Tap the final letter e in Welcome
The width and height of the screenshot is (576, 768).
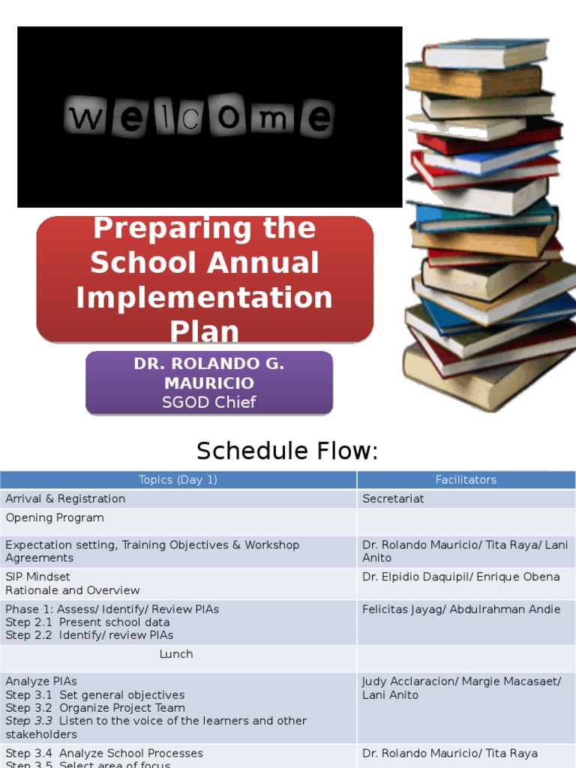(x=318, y=119)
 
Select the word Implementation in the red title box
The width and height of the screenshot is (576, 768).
(x=204, y=297)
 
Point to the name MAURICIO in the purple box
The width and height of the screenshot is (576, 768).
(x=209, y=383)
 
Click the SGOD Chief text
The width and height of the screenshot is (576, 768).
(x=209, y=402)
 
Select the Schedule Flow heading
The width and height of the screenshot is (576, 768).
(x=287, y=451)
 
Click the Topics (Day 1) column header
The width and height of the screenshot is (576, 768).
(x=178, y=480)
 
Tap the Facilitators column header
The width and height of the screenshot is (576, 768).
(x=466, y=480)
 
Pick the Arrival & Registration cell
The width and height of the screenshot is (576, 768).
(x=65, y=499)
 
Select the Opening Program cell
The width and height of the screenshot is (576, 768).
(x=55, y=518)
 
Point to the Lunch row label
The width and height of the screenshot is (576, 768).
(x=176, y=655)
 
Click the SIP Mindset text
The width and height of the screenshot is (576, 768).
(x=38, y=577)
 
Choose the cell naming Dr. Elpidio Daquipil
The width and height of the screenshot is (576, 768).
(x=460, y=577)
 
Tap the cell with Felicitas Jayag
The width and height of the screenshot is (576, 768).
(x=460, y=610)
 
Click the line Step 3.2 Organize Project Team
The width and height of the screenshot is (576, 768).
(x=95, y=708)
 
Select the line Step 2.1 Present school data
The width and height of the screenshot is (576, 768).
(x=88, y=622)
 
